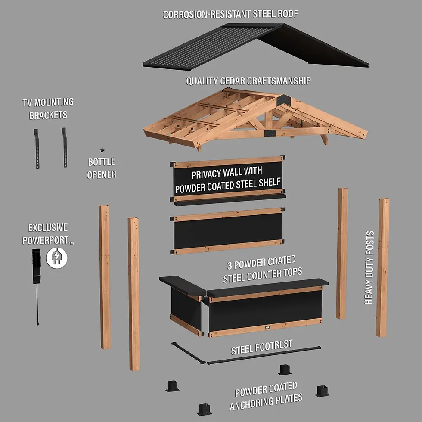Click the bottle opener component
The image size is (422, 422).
tap(102, 150)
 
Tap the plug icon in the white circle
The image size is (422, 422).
tap(56, 258)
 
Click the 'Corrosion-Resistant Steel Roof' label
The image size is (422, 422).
tap(230, 14)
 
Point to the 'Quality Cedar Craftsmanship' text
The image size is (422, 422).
tap(248, 81)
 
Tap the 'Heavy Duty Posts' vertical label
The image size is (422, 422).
tap(369, 267)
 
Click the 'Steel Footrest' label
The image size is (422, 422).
tap(261, 347)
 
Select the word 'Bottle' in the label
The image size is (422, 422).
tap(102, 162)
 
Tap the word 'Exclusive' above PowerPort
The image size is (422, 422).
tap(48, 228)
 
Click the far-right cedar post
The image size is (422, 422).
tap(382, 267)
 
